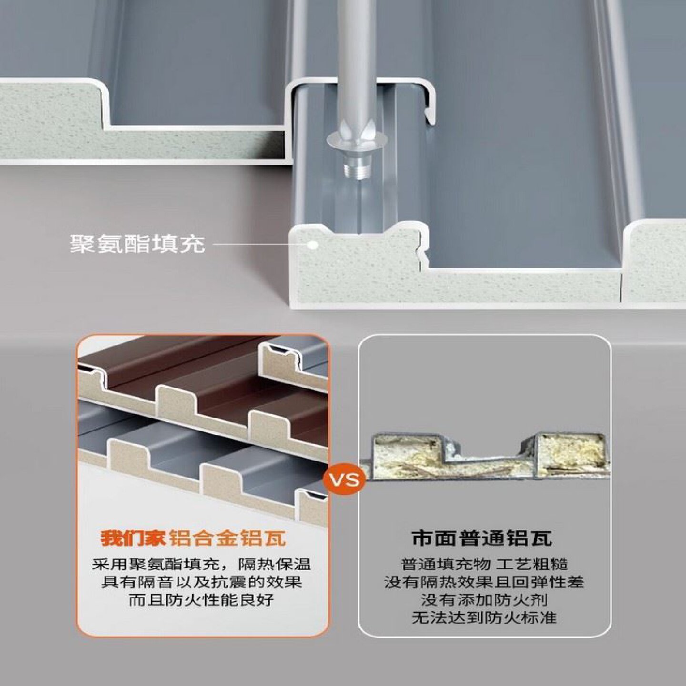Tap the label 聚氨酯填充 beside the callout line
(137, 244)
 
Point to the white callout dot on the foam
(313, 244)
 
